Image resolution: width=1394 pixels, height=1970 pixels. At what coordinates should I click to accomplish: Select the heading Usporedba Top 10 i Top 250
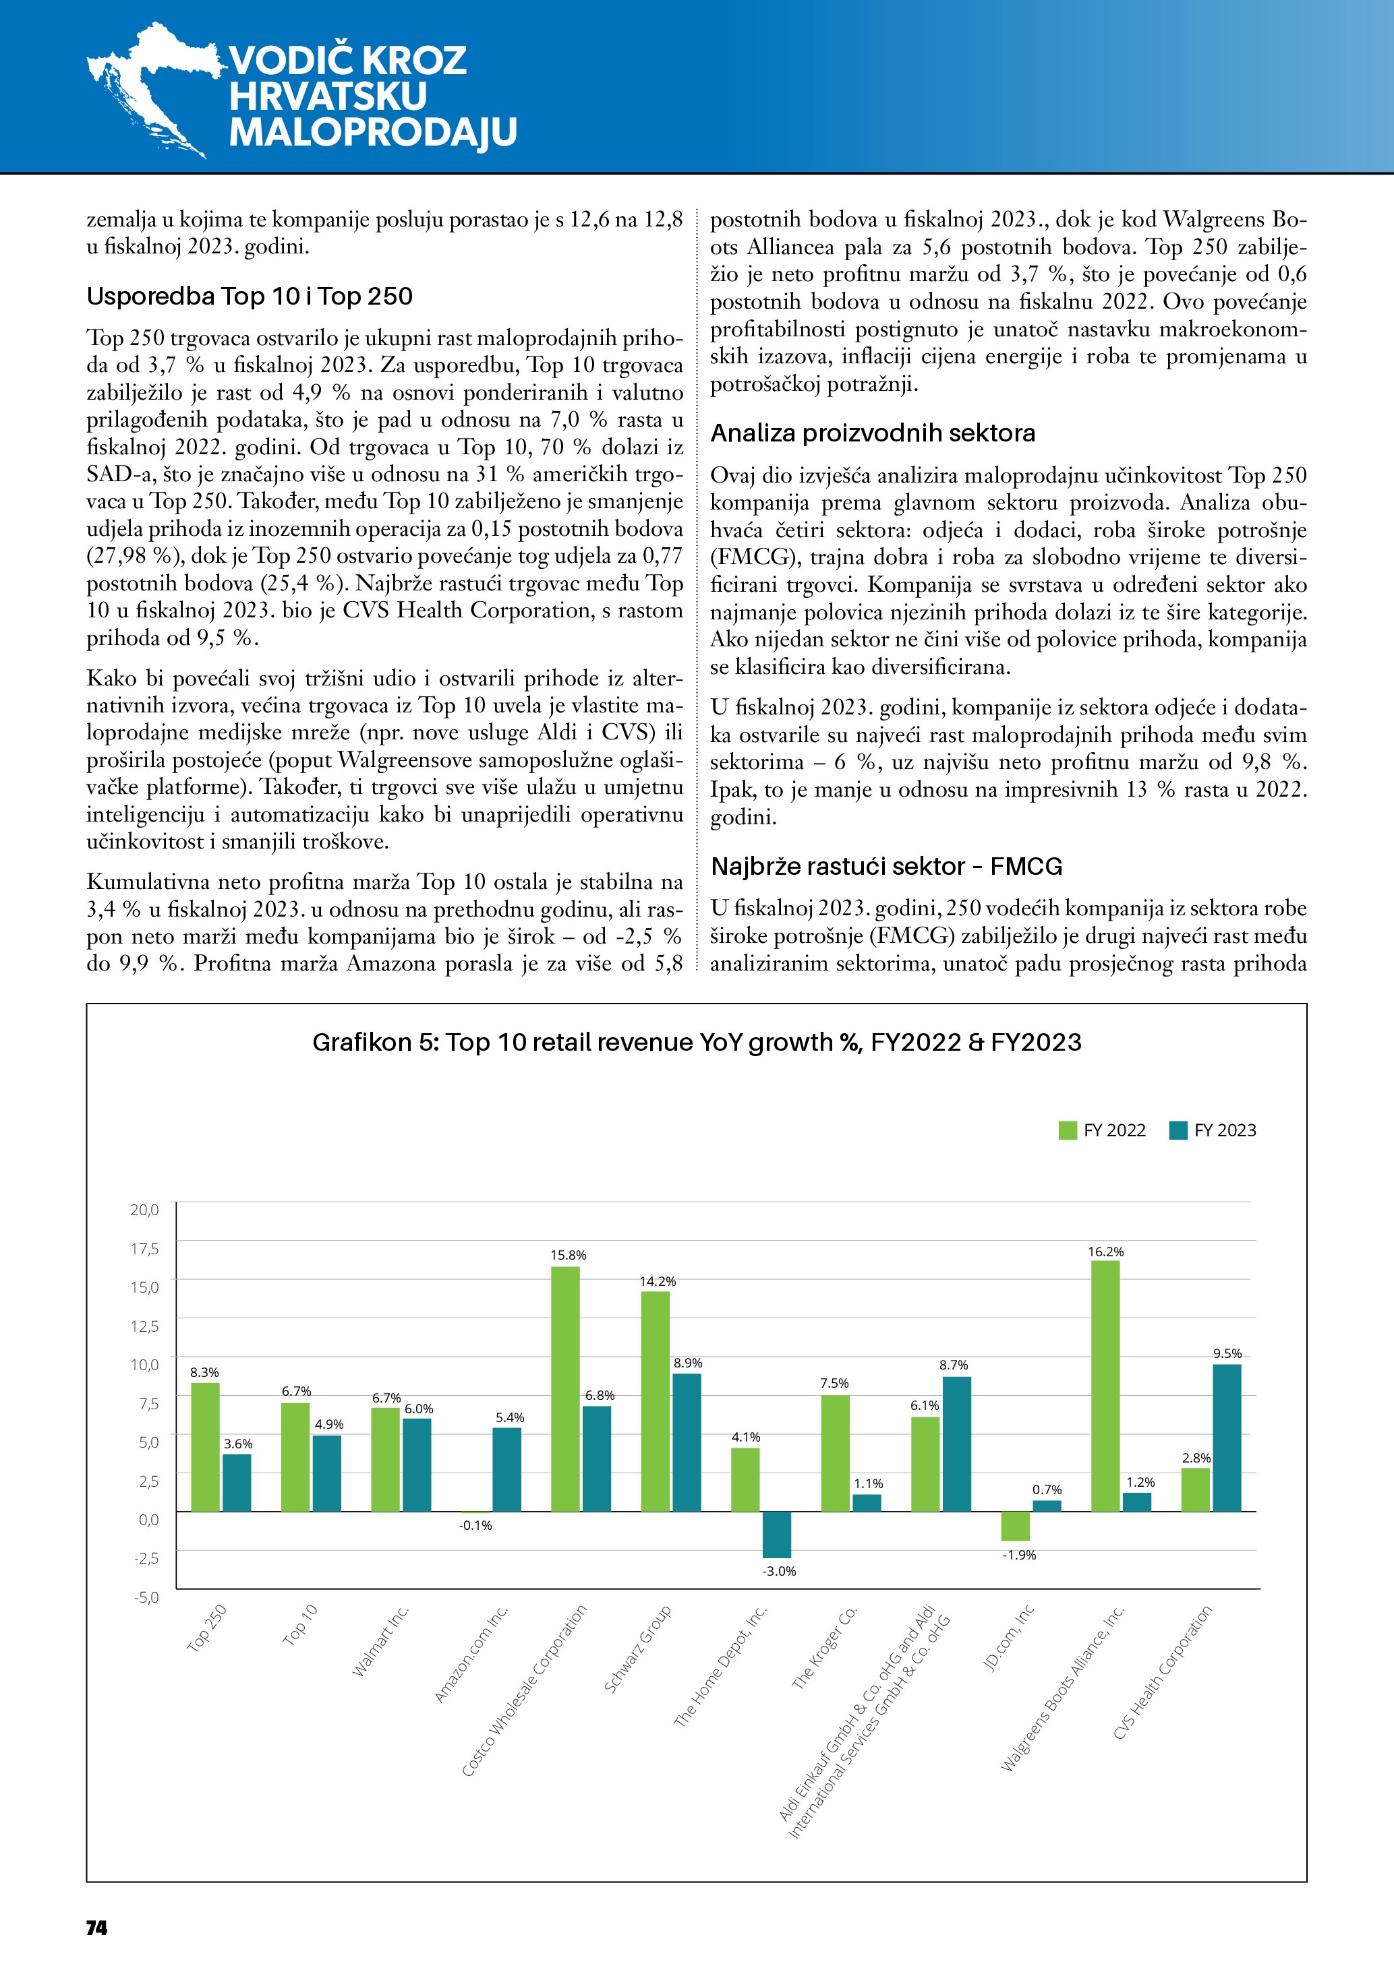pyautogui.click(x=250, y=297)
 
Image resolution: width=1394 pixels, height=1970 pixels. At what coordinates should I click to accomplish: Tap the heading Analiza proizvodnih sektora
pyautogui.click(x=872, y=433)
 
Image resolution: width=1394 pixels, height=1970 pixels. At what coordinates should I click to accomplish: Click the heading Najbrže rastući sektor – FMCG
pyautogui.click(x=886, y=867)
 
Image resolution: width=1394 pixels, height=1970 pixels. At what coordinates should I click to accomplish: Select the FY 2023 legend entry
pyautogui.click(x=1212, y=1130)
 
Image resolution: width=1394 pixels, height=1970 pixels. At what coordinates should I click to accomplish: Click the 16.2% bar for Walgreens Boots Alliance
pyautogui.click(x=1105, y=1385)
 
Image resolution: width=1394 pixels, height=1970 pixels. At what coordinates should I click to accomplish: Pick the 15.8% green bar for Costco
pyautogui.click(x=564, y=1388)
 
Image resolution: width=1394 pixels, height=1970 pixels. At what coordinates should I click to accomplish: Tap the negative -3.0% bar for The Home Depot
pyautogui.click(x=777, y=1534)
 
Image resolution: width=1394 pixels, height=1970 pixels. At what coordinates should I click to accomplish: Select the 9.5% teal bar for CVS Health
pyautogui.click(x=1227, y=1437)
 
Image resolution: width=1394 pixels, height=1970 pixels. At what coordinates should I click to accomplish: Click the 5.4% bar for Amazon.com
pyautogui.click(x=506, y=1469)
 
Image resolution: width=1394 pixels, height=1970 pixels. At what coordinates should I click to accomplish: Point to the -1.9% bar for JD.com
pyautogui.click(x=1016, y=1526)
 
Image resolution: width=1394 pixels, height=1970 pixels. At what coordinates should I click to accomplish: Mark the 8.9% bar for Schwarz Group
pyautogui.click(x=687, y=1442)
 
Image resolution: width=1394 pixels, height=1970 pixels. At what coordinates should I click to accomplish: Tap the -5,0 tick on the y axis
pyautogui.click(x=145, y=1597)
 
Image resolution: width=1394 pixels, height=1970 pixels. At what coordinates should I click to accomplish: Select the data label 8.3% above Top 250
pyautogui.click(x=204, y=1373)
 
